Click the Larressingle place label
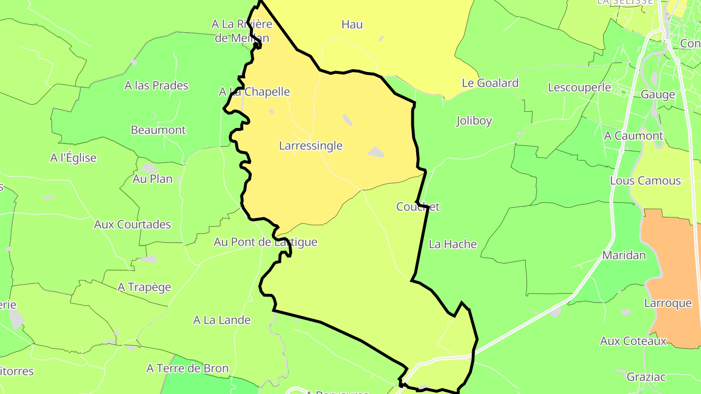click(x=311, y=145)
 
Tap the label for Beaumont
click(x=158, y=130)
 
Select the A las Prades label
click(x=156, y=85)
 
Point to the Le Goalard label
click(x=490, y=83)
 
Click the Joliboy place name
click(x=474, y=121)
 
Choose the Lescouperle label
click(x=579, y=88)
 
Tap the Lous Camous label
click(x=645, y=180)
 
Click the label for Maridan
click(x=624, y=255)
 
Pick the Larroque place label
click(x=667, y=303)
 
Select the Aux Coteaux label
click(x=633, y=341)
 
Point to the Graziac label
click(x=646, y=377)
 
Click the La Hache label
click(x=453, y=244)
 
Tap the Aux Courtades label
click(x=132, y=224)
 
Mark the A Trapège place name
click(x=144, y=287)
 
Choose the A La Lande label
click(x=221, y=320)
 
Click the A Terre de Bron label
click(x=187, y=368)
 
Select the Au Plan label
click(x=152, y=179)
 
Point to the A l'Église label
click(x=74, y=158)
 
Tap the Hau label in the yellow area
click(x=352, y=24)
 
